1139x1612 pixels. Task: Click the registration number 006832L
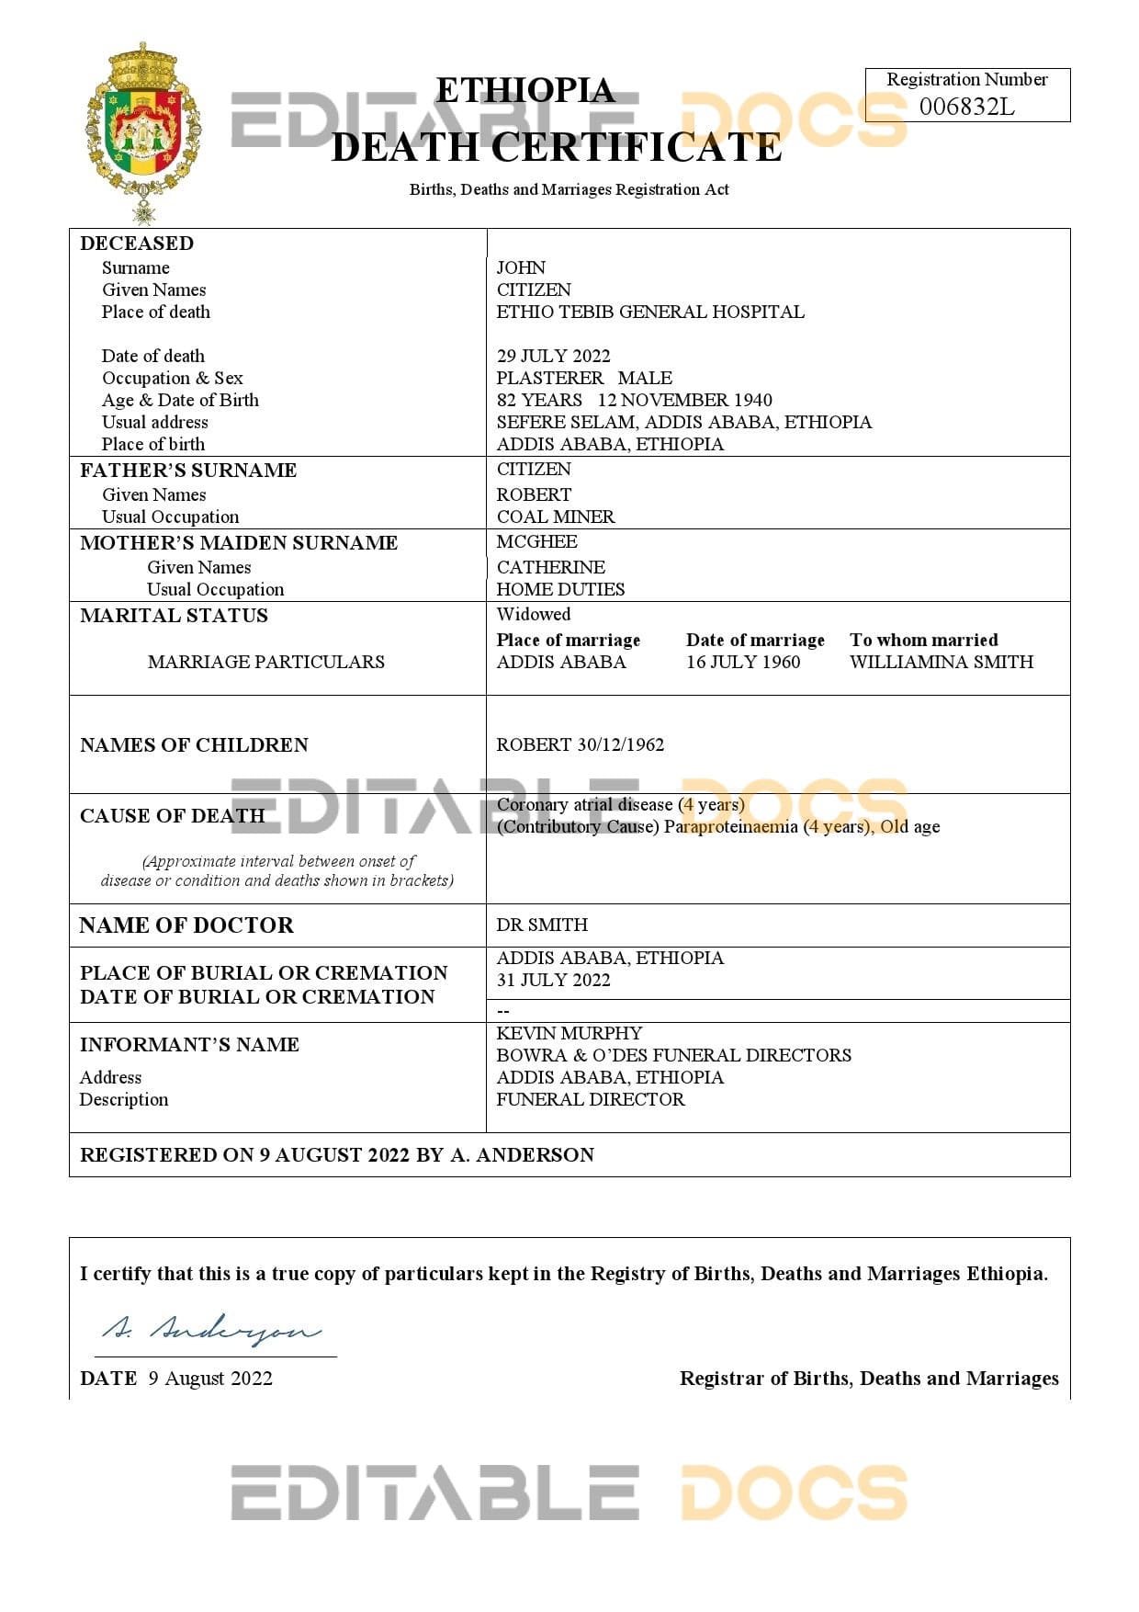point(966,107)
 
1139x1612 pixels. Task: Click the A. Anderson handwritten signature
point(211,1329)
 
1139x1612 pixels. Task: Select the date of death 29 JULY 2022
point(553,356)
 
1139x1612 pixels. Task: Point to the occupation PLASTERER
point(549,378)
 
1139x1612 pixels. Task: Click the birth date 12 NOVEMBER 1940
point(684,400)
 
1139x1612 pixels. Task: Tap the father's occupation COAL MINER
point(556,517)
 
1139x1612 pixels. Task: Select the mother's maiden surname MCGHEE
point(536,541)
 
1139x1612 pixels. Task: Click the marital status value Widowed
point(533,614)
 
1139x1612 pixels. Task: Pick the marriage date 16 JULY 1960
point(742,662)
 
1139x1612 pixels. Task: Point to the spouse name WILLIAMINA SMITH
point(941,662)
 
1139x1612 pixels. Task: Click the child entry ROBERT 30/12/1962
point(580,744)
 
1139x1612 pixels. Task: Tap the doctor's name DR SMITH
point(541,925)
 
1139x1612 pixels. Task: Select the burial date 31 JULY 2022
point(553,980)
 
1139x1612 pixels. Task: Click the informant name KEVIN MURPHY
point(569,1033)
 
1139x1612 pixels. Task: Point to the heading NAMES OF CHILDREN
point(194,744)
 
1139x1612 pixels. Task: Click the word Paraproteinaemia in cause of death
point(731,826)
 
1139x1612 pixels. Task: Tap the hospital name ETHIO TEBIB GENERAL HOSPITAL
point(649,312)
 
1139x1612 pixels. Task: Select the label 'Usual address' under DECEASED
point(154,422)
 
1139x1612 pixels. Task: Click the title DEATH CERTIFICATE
point(556,147)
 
